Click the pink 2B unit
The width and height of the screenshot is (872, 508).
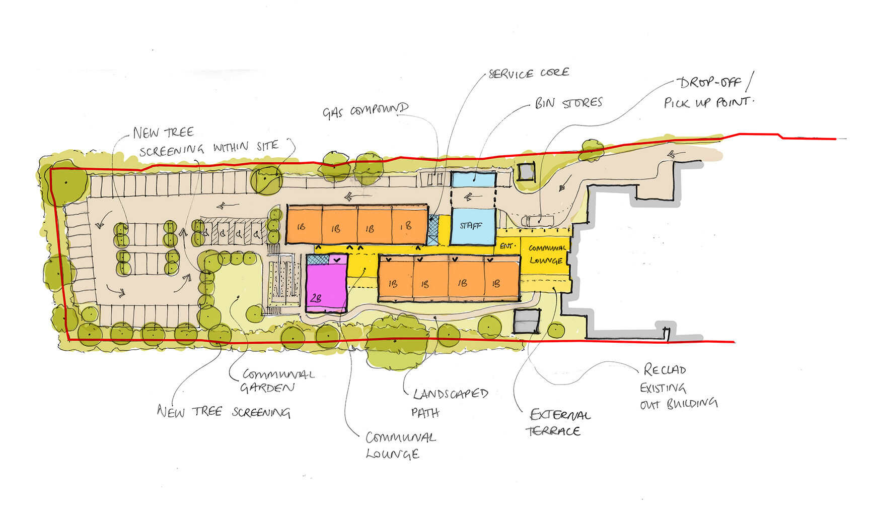click(326, 285)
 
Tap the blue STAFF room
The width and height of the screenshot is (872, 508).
click(472, 226)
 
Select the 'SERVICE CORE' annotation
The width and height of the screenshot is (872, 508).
click(529, 74)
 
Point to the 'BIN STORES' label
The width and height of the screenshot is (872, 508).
click(568, 103)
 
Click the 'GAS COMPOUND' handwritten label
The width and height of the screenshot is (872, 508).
click(365, 110)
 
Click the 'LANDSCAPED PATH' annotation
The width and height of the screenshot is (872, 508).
click(450, 403)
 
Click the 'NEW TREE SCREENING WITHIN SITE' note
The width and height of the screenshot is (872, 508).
click(206, 141)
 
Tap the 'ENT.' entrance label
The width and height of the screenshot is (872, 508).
click(507, 246)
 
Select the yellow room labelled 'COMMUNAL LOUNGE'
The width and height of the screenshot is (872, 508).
click(547, 255)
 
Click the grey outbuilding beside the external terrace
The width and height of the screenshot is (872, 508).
click(527, 321)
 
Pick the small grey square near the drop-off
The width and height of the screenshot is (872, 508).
click(526, 172)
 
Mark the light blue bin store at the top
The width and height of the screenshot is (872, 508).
click(473, 179)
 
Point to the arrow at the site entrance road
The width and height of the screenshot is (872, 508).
click(673, 154)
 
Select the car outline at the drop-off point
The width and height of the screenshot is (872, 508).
click(538, 220)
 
